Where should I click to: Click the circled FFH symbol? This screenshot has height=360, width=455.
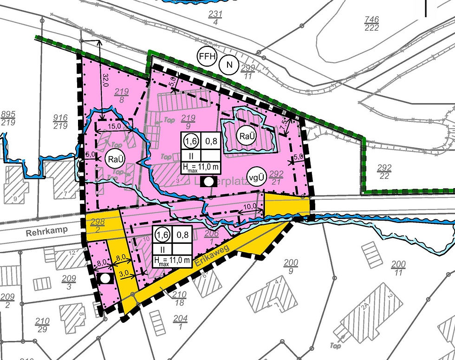(x=207, y=57)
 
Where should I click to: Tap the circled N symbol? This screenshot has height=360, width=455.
(x=228, y=65)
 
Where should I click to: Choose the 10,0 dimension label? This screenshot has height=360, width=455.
(x=251, y=206)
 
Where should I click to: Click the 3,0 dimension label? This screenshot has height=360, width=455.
(x=123, y=274)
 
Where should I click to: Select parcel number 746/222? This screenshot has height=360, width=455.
(x=372, y=24)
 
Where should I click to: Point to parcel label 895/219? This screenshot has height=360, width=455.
(x=9, y=118)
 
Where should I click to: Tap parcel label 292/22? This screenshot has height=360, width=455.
(x=384, y=171)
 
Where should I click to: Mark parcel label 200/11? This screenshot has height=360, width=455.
(x=398, y=268)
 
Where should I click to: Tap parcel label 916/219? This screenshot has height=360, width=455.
(x=61, y=122)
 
